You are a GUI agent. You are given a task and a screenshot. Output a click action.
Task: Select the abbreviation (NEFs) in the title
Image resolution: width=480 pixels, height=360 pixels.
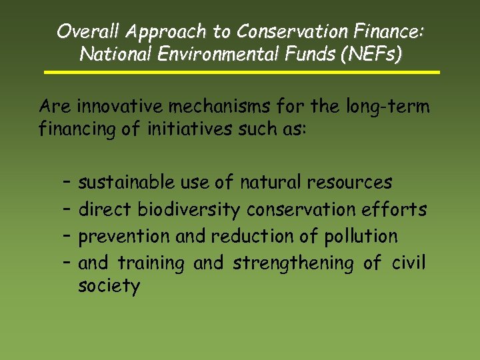[371, 54]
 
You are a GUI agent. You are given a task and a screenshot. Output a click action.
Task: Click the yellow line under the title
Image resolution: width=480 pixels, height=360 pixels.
[241, 72]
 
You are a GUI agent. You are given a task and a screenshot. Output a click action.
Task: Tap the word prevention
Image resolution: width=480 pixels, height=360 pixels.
[125, 237]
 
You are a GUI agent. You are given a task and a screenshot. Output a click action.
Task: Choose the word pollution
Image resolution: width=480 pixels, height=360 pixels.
[361, 237]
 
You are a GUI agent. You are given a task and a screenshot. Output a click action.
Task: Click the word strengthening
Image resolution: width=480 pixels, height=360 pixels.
[293, 263]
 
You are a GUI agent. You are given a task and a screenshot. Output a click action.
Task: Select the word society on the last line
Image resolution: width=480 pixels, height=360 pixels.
[109, 287]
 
